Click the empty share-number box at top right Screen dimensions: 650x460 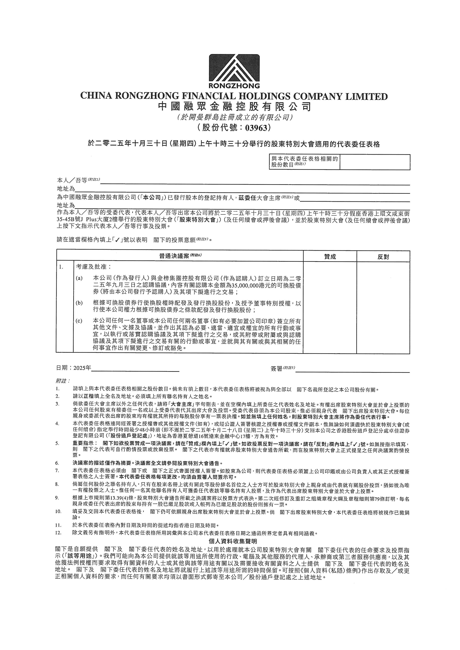[375, 162]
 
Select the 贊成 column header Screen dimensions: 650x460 [330, 257]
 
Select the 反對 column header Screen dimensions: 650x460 [383, 257]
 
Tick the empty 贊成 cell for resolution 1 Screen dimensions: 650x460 [330, 307]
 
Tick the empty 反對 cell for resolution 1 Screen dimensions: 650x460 [383, 307]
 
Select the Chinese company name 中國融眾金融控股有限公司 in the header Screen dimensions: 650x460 [234, 107]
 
